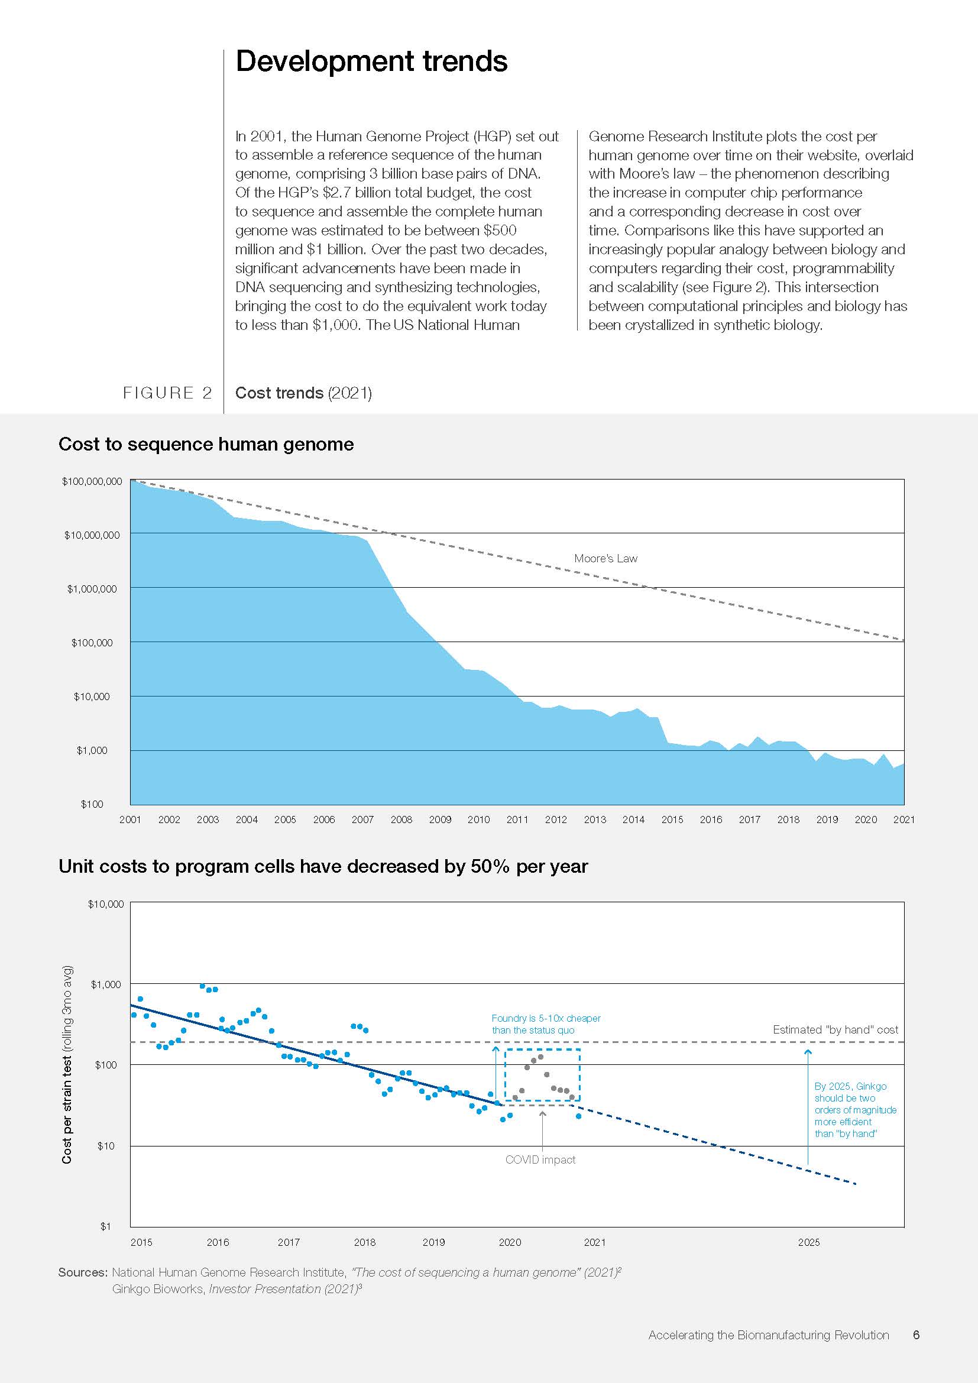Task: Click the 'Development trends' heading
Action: pos(371,61)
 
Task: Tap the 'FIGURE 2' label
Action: pos(167,393)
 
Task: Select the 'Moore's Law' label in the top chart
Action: pos(605,558)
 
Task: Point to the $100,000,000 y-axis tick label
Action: pos(92,481)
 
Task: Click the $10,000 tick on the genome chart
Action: pos(92,697)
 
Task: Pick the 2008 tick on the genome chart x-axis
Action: pos(401,819)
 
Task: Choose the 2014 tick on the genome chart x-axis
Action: pos(633,819)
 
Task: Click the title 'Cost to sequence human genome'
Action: pos(206,444)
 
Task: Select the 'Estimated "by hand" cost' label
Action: pos(835,1029)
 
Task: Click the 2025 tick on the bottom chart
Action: pos(809,1242)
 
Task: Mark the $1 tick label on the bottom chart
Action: pos(105,1226)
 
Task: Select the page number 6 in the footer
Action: pos(916,1335)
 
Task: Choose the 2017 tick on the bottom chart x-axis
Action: pos(289,1242)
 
